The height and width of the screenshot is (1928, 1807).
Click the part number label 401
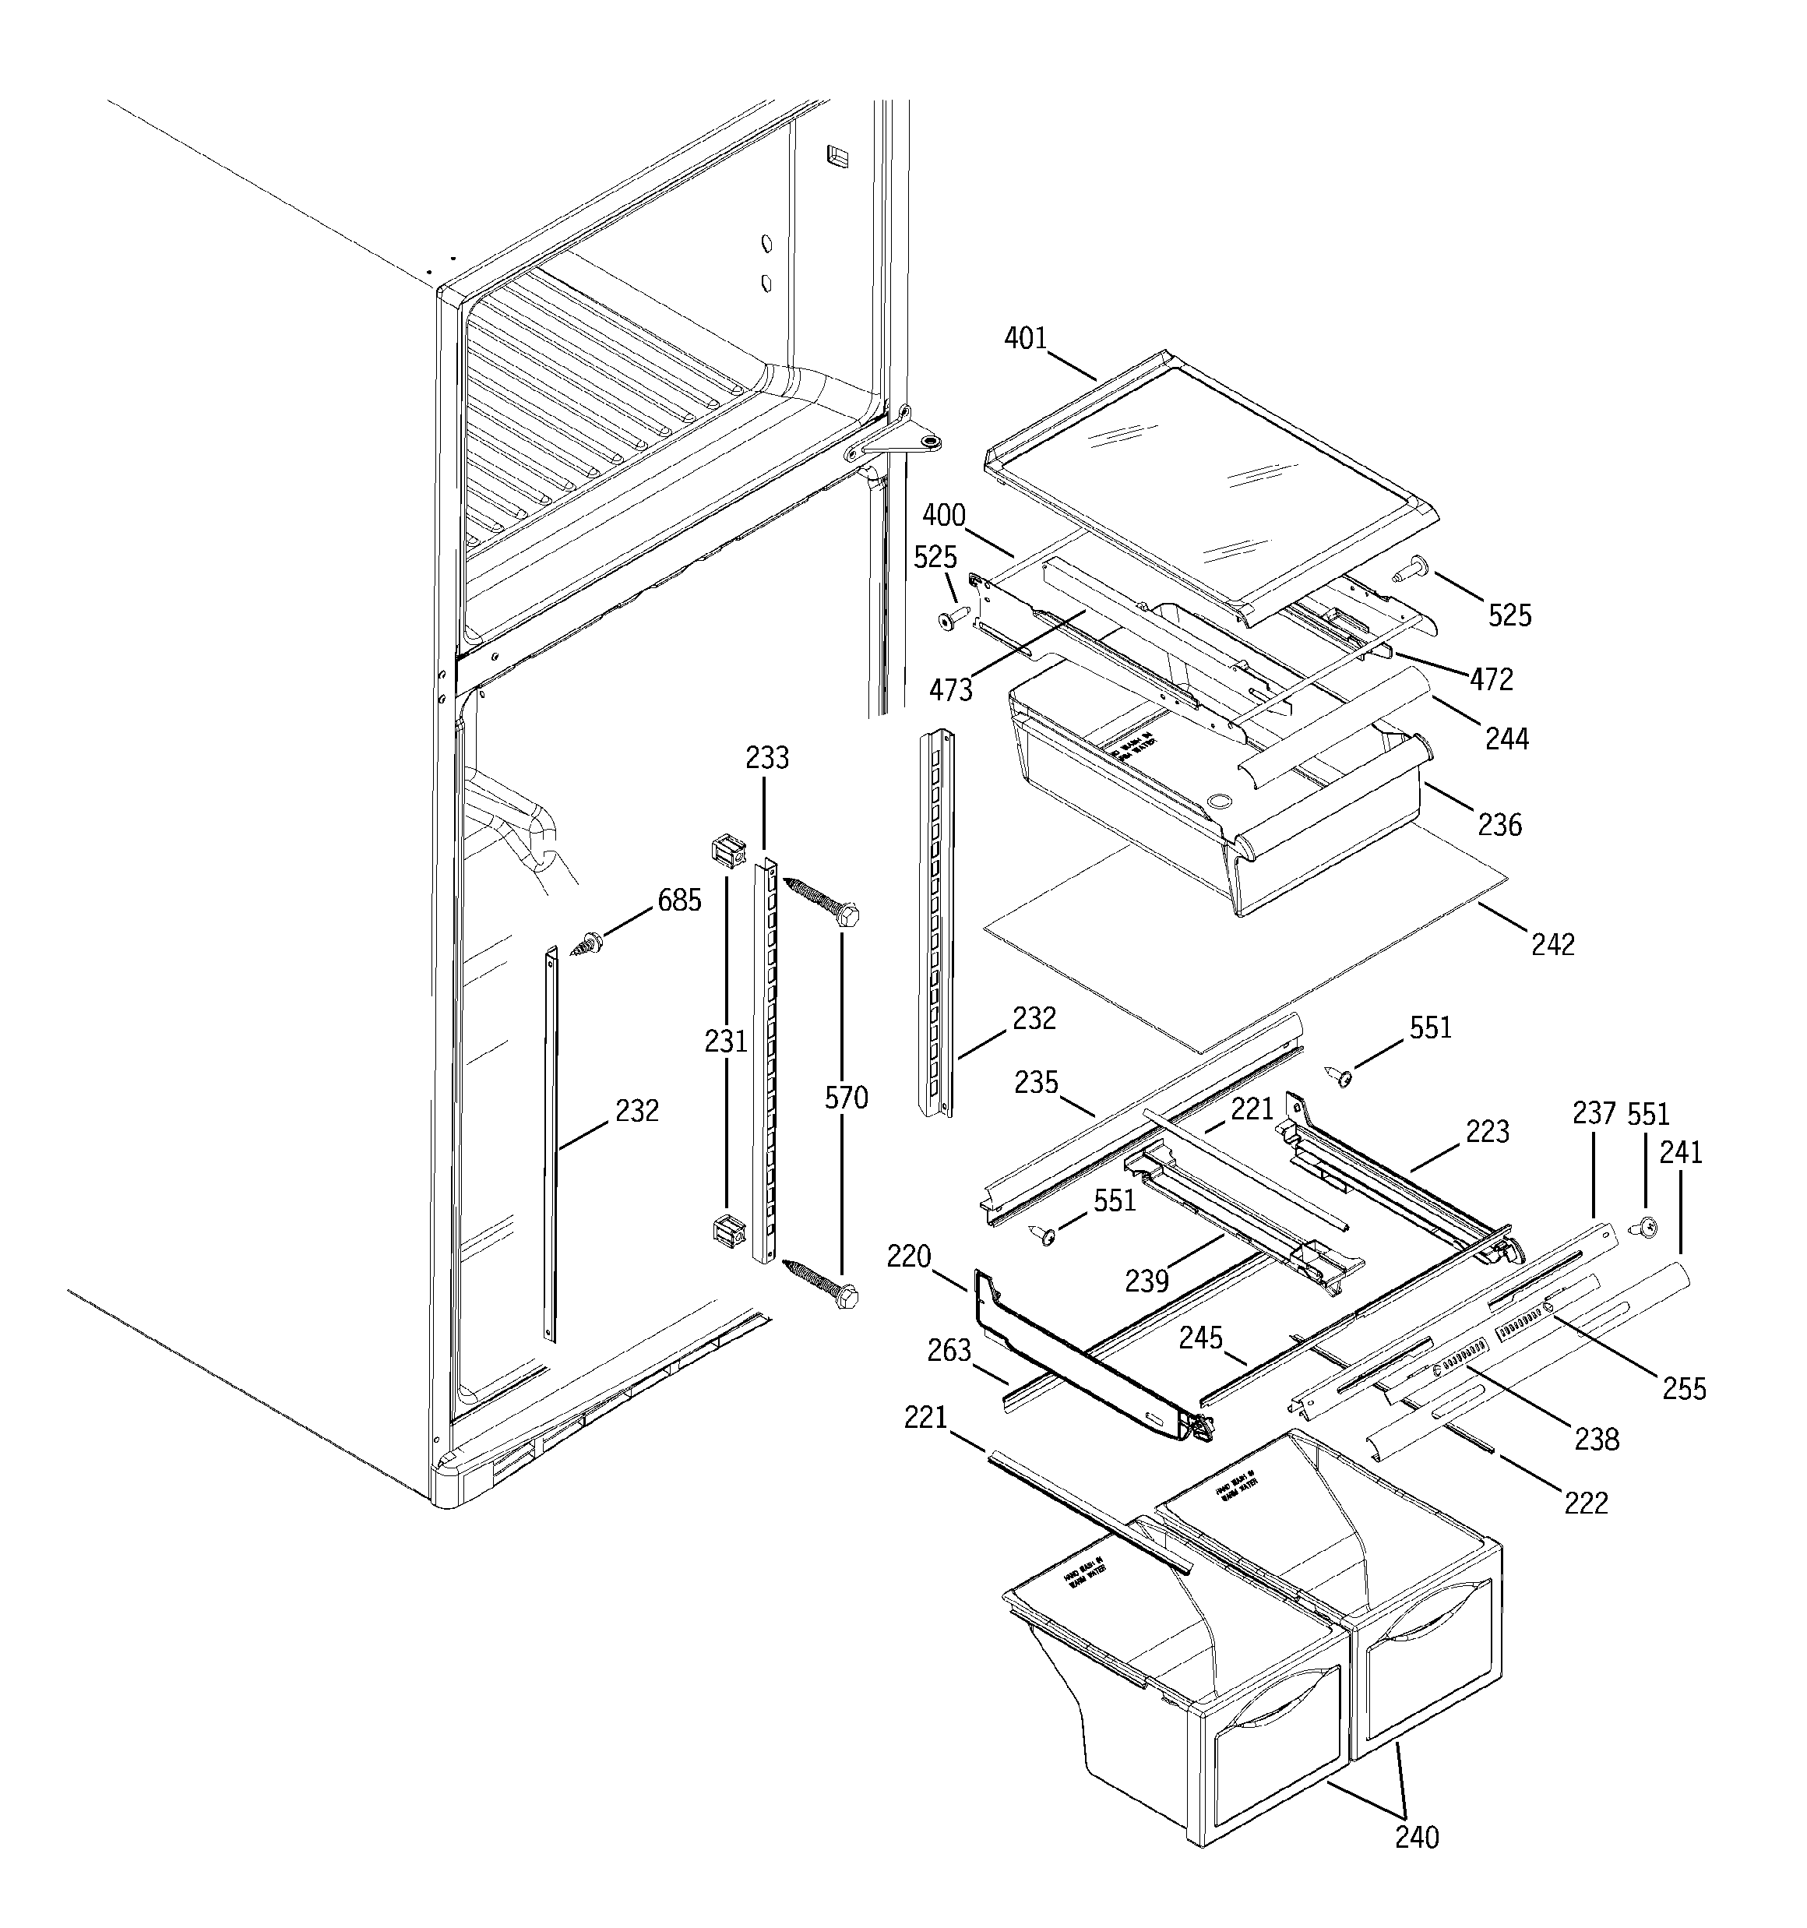(1025, 338)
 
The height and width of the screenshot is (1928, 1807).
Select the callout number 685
(679, 901)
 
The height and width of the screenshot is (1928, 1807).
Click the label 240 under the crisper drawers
(1417, 1837)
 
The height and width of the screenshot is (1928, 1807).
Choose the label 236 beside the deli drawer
(1499, 825)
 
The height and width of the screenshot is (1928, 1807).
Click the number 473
(950, 690)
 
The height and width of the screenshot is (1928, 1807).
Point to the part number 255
(1684, 1389)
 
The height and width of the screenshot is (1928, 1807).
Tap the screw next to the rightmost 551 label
(1646, 1227)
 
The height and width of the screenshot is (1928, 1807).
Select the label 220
(909, 1257)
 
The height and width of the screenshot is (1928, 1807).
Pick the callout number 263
(949, 1350)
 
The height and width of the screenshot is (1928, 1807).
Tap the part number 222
(1586, 1503)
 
